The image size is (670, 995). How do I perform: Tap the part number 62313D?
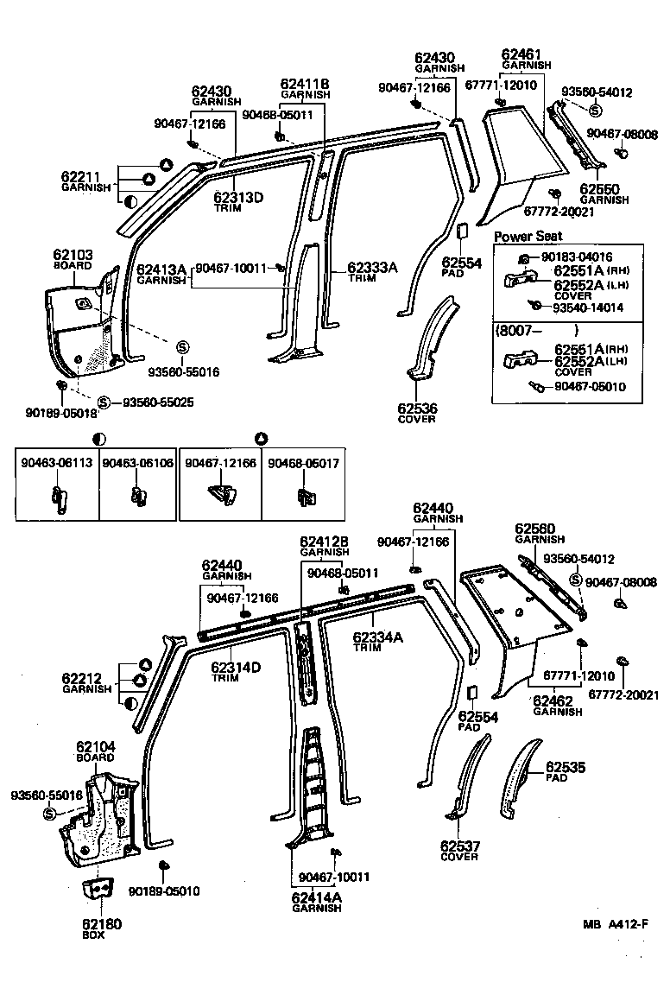click(239, 198)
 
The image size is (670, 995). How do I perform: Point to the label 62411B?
click(305, 84)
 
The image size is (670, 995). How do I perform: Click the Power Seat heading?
click(528, 236)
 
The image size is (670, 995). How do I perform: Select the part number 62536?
click(417, 408)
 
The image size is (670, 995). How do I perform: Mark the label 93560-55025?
click(158, 402)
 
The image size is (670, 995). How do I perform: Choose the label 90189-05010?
click(164, 891)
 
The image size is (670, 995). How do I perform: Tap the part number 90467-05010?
click(591, 387)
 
